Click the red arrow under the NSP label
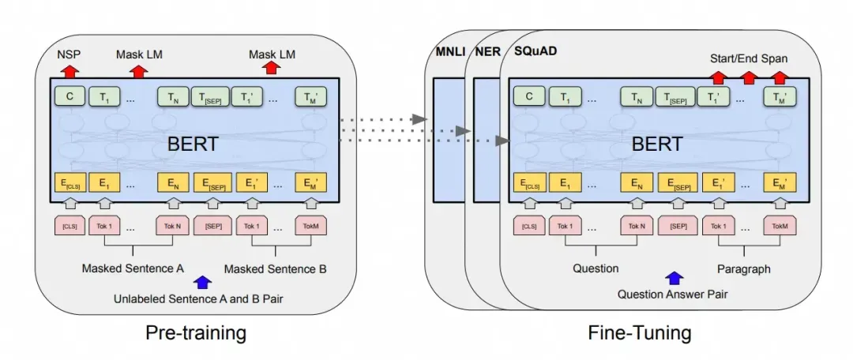click(x=69, y=71)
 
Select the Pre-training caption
click(x=196, y=332)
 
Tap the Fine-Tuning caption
click(x=639, y=332)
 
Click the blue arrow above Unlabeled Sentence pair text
click(x=202, y=282)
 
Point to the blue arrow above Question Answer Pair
click(x=673, y=278)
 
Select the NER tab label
click(x=486, y=52)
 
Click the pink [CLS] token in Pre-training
click(x=69, y=227)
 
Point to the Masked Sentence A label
click(x=133, y=268)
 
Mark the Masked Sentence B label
click(x=276, y=268)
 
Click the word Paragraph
click(x=744, y=268)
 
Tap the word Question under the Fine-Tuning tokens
click(x=596, y=268)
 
